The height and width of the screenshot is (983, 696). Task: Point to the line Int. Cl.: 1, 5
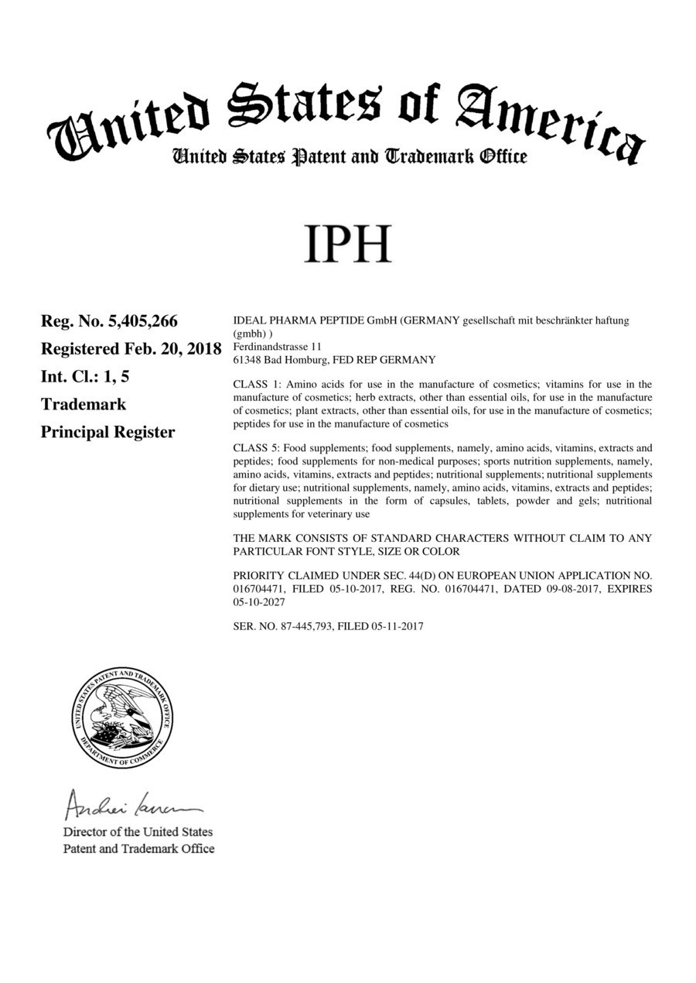(84, 376)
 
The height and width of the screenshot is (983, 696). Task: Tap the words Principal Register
(107, 432)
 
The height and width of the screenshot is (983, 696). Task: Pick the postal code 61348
(247, 360)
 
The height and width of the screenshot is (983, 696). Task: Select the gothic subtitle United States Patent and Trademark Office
(349, 157)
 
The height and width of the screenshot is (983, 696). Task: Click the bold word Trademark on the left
(84, 404)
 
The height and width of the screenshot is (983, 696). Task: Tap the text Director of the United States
(138, 832)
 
